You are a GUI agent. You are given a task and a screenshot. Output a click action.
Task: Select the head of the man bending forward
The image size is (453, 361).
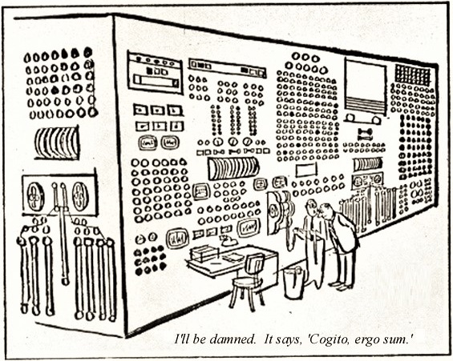327,213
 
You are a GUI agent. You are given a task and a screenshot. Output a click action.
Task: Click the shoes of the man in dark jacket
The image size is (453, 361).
341,285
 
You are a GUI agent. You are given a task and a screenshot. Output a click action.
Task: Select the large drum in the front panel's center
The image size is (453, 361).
233,167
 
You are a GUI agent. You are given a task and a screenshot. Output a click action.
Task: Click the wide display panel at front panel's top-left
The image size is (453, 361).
155,74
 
